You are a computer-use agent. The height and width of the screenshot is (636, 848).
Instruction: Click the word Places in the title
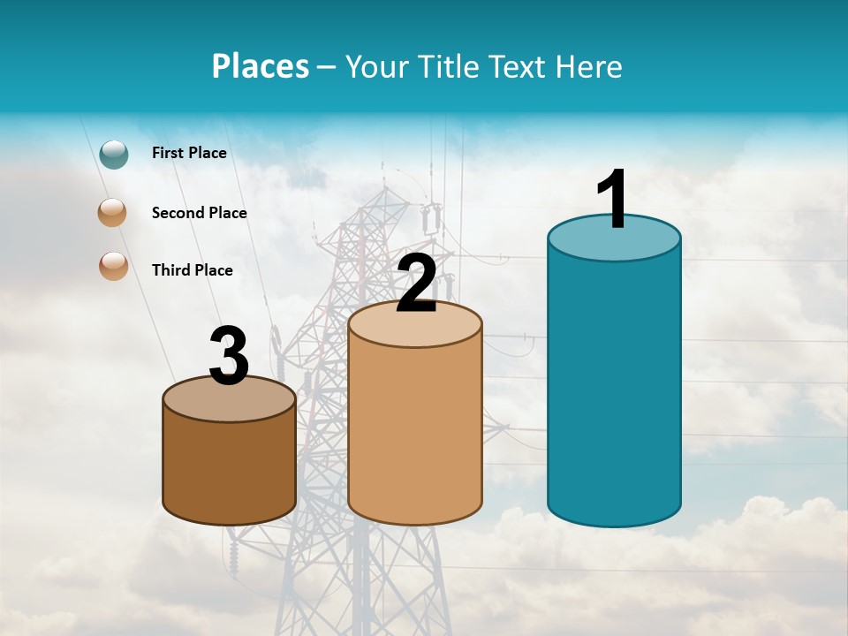click(x=261, y=66)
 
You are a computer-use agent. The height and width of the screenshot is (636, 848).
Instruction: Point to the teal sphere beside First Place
click(x=114, y=154)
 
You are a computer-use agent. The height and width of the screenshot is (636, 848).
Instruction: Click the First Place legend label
click(x=189, y=153)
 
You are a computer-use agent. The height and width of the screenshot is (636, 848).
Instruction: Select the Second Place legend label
click(x=199, y=213)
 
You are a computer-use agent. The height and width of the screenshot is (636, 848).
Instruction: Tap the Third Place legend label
click(x=192, y=270)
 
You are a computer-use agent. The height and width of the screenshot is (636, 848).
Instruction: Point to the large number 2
click(x=417, y=284)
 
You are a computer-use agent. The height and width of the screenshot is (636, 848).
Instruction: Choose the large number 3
click(x=230, y=357)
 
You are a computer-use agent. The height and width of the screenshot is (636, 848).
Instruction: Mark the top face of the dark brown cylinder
click(x=230, y=400)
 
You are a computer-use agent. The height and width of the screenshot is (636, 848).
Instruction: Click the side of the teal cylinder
click(x=614, y=389)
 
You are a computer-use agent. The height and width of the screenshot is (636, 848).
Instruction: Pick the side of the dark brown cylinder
click(x=230, y=468)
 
